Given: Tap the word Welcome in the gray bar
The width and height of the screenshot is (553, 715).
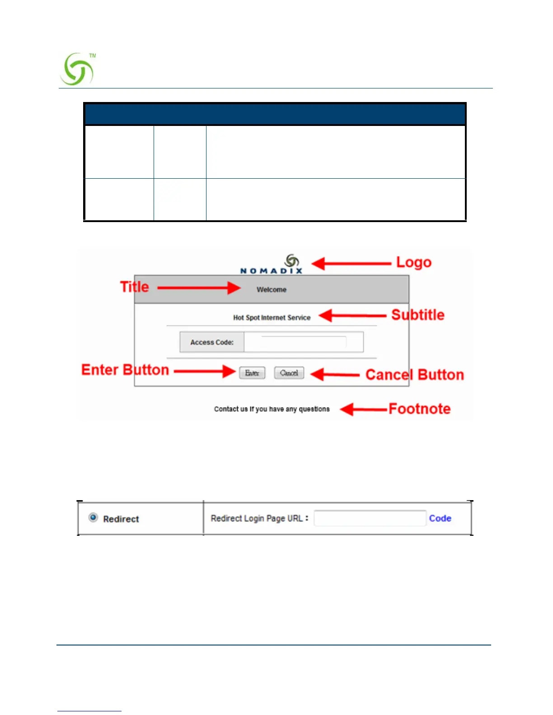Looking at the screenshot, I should click(x=272, y=290).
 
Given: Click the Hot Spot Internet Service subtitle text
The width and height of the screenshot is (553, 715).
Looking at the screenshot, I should click(x=272, y=318).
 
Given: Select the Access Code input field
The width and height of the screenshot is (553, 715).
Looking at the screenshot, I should click(x=304, y=342).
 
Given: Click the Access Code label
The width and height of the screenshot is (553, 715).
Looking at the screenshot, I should click(x=212, y=343).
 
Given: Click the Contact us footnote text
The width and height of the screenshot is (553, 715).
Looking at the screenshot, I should click(x=272, y=409).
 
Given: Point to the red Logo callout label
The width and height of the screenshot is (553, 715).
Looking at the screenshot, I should click(x=413, y=262).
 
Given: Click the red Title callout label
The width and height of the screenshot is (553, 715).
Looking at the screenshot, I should click(x=134, y=287).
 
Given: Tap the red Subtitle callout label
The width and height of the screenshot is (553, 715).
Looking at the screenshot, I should click(x=417, y=315).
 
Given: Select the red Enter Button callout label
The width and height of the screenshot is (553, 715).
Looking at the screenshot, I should click(x=125, y=370).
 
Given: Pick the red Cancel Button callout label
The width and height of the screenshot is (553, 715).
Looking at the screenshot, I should click(x=414, y=375).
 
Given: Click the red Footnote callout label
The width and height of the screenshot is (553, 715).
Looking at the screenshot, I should click(x=419, y=409).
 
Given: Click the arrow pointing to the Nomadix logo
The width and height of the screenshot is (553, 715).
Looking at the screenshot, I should click(x=351, y=264).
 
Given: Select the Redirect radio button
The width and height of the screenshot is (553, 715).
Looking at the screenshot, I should click(x=93, y=518).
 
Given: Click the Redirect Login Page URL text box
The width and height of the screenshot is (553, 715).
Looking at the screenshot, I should click(x=370, y=518).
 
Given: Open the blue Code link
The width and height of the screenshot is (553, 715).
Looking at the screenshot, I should click(x=440, y=518).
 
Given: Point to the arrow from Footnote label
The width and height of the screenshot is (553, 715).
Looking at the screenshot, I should click(x=364, y=409).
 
